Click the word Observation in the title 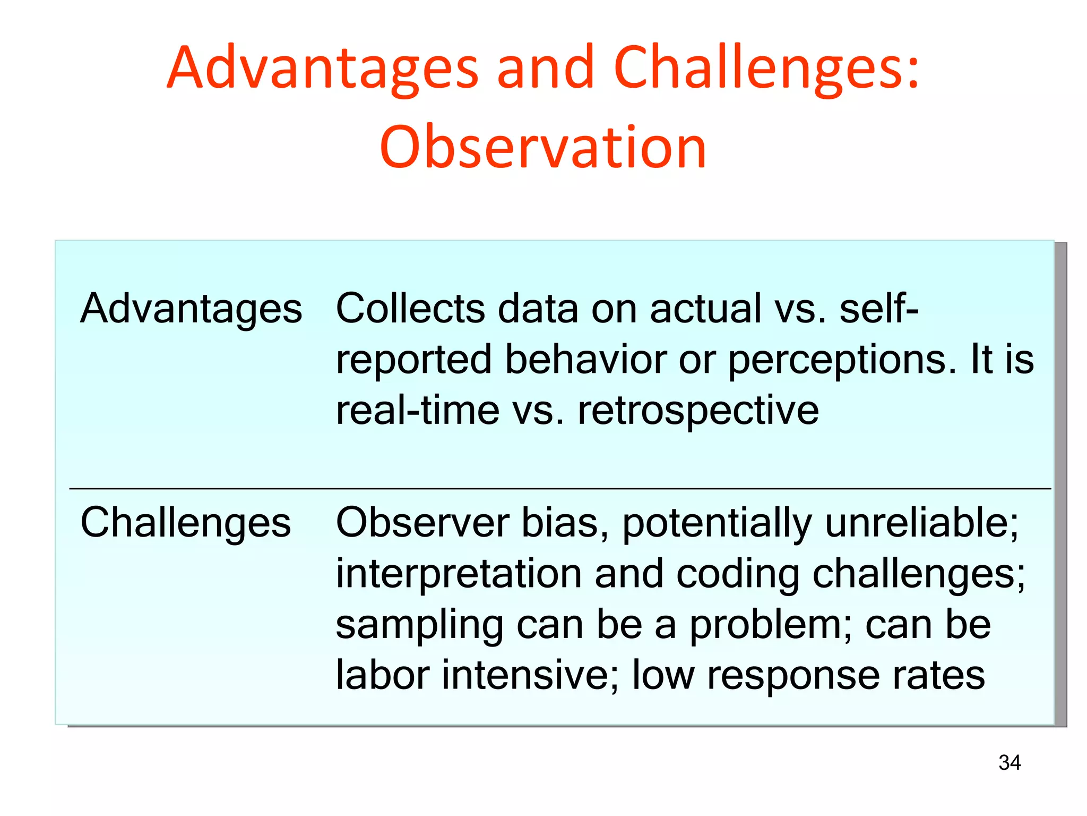click(x=543, y=147)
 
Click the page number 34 click(x=1009, y=763)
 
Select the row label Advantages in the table click(x=191, y=309)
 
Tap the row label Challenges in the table click(x=185, y=523)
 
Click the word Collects click(x=410, y=309)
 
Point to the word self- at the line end click(x=878, y=309)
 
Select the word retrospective click(x=698, y=411)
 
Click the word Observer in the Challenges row click(x=422, y=523)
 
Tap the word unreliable click(x=921, y=523)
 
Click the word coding click(x=738, y=574)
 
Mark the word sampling click(x=419, y=625)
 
